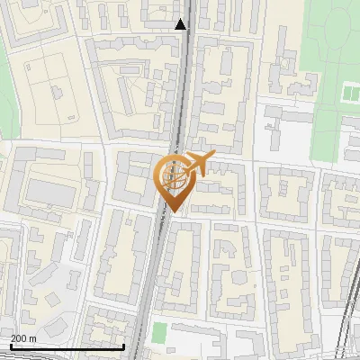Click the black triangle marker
tap(181, 24)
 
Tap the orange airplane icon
tap(197, 165)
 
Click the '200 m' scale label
tap(23, 338)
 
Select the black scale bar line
tap(67, 346)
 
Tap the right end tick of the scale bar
tap(123, 346)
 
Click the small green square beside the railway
tap(159, 332)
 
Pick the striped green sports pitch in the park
tap(350, 93)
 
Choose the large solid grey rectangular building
tap(50, 192)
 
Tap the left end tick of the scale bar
tap(10, 346)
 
